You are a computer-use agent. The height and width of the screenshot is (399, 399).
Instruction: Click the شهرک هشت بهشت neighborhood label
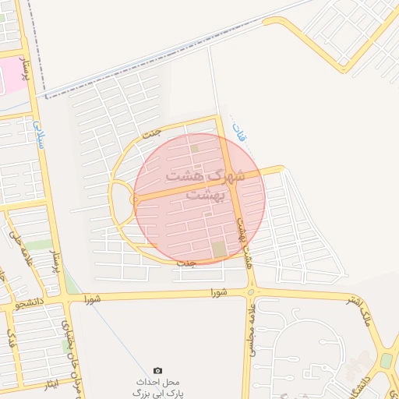click(x=216, y=184)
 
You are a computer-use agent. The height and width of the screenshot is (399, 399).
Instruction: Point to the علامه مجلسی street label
click(x=254, y=332)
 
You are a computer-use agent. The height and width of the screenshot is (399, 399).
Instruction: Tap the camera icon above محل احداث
click(x=158, y=370)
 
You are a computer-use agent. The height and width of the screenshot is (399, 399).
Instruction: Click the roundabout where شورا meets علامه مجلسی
click(x=249, y=292)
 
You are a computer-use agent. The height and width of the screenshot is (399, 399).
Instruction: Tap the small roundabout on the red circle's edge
click(x=136, y=200)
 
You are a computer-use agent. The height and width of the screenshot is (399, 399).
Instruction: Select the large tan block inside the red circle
click(x=218, y=249)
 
